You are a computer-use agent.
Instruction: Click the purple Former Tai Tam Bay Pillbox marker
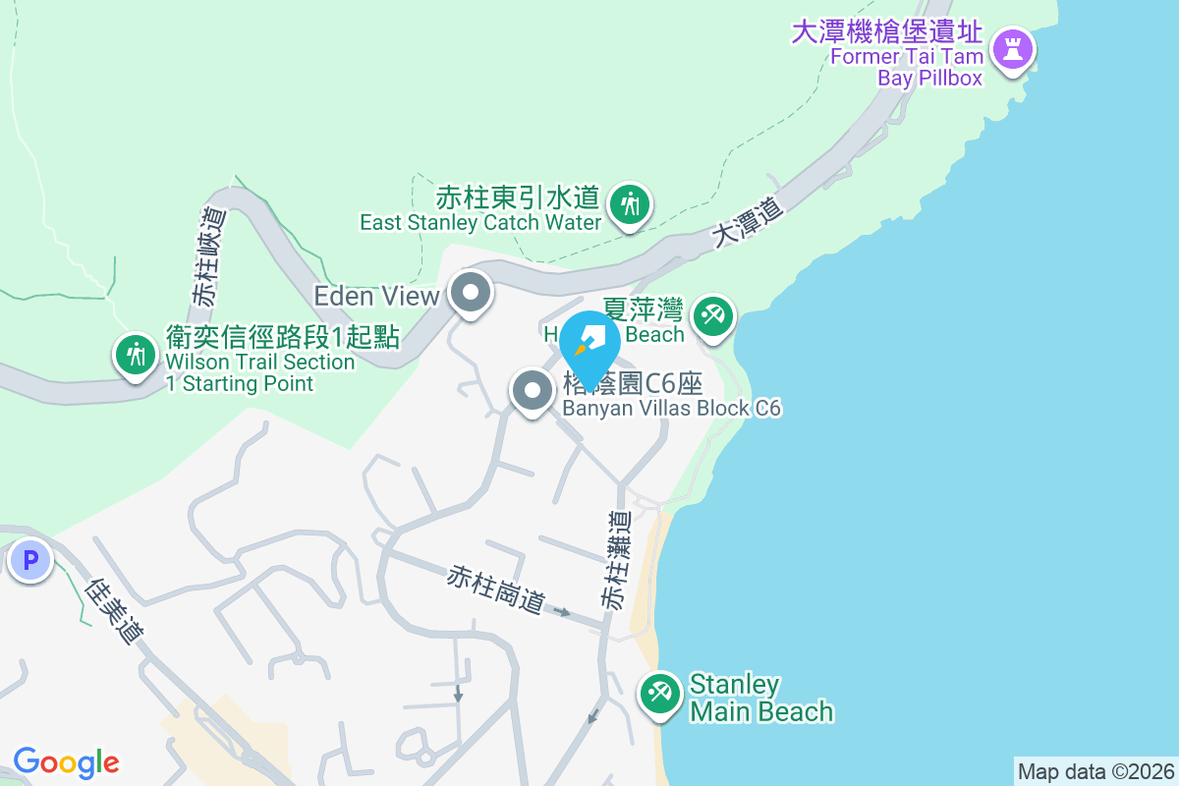(1012, 47)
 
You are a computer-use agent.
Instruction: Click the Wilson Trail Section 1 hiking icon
(135, 353)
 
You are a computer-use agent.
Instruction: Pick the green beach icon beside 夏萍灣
(712, 316)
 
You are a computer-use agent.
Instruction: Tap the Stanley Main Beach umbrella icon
(659, 694)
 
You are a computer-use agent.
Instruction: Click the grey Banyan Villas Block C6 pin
(533, 391)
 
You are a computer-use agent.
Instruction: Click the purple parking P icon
(29, 561)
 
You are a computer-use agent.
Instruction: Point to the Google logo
(66, 762)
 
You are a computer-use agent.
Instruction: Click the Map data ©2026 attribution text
(1095, 771)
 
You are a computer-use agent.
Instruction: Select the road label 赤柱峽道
(209, 255)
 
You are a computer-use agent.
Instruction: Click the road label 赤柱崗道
(496, 589)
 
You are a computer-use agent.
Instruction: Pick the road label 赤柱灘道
(617, 561)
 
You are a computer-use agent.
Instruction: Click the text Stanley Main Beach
(760, 698)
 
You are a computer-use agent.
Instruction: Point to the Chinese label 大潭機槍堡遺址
(886, 31)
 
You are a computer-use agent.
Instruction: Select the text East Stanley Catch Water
(479, 223)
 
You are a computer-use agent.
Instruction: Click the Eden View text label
(376, 295)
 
